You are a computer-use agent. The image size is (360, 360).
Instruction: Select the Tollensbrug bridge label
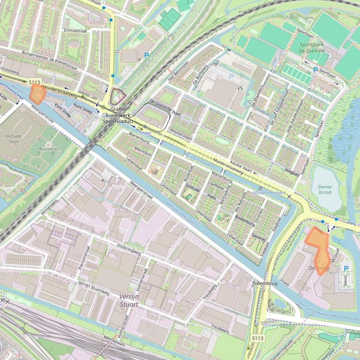[x=265, y=283]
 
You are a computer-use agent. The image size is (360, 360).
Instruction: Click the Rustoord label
[x=48, y=149]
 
